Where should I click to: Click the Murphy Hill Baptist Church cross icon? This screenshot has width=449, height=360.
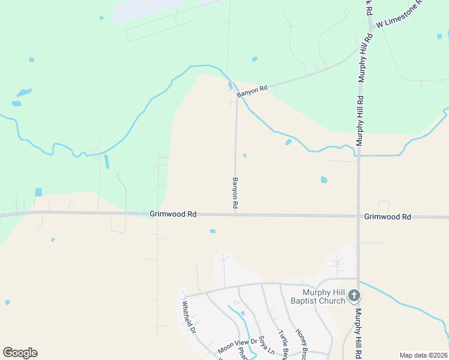pyautogui.click(x=354, y=295)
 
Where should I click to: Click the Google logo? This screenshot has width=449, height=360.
pyautogui.click(x=20, y=353)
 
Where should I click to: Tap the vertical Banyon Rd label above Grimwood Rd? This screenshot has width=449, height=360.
pyautogui.click(x=235, y=193)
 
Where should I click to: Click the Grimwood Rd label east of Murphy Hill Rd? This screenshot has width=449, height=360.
pyautogui.click(x=387, y=217)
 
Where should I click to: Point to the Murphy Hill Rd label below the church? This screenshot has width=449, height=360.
pyautogui.click(x=359, y=333)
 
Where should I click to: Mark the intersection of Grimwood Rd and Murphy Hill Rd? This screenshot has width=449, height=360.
pyautogui.click(x=359, y=216)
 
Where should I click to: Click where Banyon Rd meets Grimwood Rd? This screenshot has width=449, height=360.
pyautogui.click(x=235, y=214)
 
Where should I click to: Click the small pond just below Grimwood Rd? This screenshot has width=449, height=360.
pyautogui.click(x=212, y=231)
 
